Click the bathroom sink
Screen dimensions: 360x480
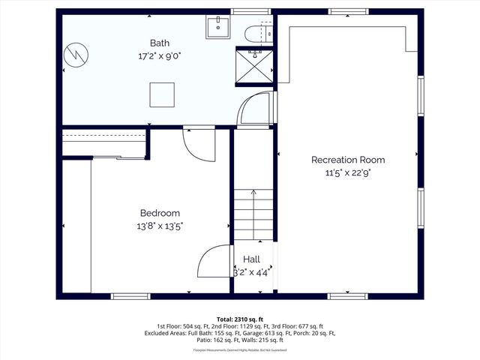point(218,28)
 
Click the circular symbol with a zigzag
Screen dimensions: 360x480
point(76,55)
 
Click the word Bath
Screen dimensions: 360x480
point(159,43)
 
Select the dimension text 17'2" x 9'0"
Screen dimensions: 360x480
point(159,55)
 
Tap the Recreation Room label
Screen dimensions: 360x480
point(348,160)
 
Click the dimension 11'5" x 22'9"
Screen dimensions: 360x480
point(348,172)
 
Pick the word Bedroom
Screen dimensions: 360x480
point(160,213)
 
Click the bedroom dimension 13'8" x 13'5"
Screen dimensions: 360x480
point(160,226)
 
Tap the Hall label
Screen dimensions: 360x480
point(251,259)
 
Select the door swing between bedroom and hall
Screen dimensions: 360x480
point(214,262)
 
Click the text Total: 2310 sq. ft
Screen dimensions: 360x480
point(239,319)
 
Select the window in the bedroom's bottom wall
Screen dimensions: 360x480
point(130,296)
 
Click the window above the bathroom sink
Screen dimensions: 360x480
point(250,11)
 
